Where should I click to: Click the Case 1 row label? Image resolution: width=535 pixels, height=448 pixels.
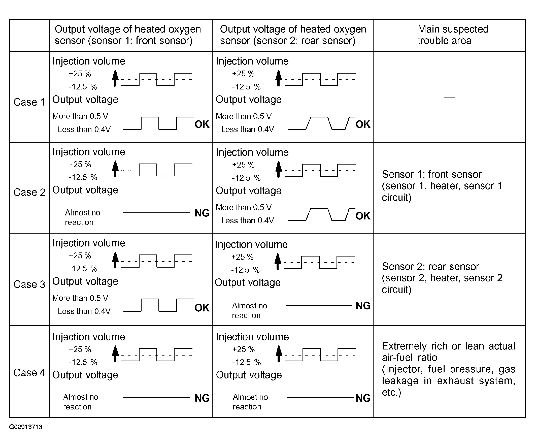[x=29, y=102]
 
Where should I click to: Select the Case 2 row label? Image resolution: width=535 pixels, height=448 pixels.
[x=29, y=193]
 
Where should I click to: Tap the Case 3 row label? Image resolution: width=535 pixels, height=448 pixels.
[x=29, y=284]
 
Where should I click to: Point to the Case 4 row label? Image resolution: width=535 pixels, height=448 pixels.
[x=29, y=373]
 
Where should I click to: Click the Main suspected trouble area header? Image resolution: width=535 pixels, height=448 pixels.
[x=453, y=35]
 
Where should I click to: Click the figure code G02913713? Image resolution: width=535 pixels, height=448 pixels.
[x=26, y=427]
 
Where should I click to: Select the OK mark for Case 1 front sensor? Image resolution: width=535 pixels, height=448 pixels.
[x=202, y=124]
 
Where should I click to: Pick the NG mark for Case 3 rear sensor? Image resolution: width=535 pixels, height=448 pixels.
[x=363, y=306]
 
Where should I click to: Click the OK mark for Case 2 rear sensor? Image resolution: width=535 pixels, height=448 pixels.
[x=363, y=216]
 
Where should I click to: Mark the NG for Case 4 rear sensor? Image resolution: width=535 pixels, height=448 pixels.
[x=363, y=398]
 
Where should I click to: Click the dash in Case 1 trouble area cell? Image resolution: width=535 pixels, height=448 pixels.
[x=449, y=98]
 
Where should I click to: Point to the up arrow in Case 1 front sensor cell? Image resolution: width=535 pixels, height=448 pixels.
[x=115, y=78]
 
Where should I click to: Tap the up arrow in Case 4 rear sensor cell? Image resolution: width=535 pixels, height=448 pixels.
[x=279, y=354]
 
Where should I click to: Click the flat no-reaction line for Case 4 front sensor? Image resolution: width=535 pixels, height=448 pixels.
[x=156, y=398]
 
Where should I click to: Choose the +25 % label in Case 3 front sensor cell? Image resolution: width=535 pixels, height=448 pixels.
[x=80, y=255]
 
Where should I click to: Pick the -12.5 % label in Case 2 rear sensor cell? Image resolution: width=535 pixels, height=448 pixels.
[x=246, y=178]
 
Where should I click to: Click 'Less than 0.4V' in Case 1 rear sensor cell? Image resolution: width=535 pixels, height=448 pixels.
[x=247, y=130]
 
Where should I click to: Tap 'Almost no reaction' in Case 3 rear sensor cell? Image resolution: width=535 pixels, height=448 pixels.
[x=249, y=310]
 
